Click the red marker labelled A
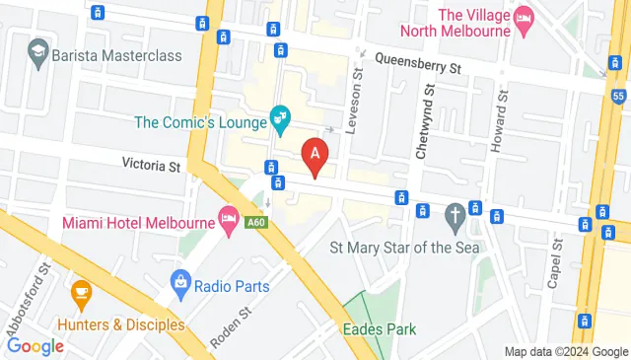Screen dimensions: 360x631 315,156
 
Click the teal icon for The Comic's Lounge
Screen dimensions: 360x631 281,119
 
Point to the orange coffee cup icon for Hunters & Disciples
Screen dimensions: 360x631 81,292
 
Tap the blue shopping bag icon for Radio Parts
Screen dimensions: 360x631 179,285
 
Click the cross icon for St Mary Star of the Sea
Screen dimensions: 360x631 455,214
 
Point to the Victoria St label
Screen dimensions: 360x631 152,164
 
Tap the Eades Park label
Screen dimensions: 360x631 380,329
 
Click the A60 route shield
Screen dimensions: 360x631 256,224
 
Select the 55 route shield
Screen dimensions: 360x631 618,95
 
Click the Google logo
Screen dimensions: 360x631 35,346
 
